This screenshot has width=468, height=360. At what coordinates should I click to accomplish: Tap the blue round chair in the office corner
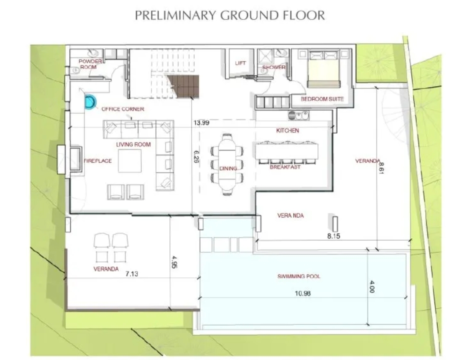(90, 102)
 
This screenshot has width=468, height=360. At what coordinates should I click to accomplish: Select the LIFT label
(240, 63)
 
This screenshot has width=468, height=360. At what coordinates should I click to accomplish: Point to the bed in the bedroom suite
(323, 69)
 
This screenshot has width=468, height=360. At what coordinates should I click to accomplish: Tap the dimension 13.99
(201, 122)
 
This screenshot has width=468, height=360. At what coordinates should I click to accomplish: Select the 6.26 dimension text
(196, 156)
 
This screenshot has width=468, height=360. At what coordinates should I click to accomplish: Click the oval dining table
(227, 164)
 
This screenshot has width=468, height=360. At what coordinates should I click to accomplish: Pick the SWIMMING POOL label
(299, 276)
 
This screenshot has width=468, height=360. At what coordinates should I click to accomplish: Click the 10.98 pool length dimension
(302, 293)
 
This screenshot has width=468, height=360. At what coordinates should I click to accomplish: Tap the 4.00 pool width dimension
(371, 286)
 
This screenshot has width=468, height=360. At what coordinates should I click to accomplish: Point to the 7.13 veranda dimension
(131, 273)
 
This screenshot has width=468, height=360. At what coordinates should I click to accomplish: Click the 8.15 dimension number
(333, 236)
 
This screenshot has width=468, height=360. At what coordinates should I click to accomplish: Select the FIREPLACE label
(97, 161)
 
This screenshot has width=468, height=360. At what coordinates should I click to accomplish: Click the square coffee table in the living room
(130, 161)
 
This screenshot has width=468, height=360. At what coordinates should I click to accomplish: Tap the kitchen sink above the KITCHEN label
(298, 115)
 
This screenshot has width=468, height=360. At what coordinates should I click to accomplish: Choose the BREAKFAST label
(285, 167)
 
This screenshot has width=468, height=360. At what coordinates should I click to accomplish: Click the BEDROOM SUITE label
(322, 99)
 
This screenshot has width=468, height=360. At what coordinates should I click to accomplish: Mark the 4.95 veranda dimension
(174, 262)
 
